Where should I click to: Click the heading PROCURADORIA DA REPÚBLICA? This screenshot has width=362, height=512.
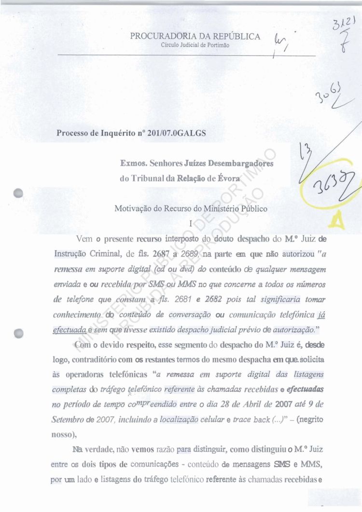[x=195, y=37]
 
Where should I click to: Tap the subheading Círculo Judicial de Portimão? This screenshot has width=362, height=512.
[x=195, y=45]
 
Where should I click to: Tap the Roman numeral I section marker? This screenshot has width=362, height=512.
[x=192, y=223]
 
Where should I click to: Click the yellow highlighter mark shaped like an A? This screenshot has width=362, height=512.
[x=336, y=220]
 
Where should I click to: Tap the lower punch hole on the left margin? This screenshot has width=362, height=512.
[x=19, y=333]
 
